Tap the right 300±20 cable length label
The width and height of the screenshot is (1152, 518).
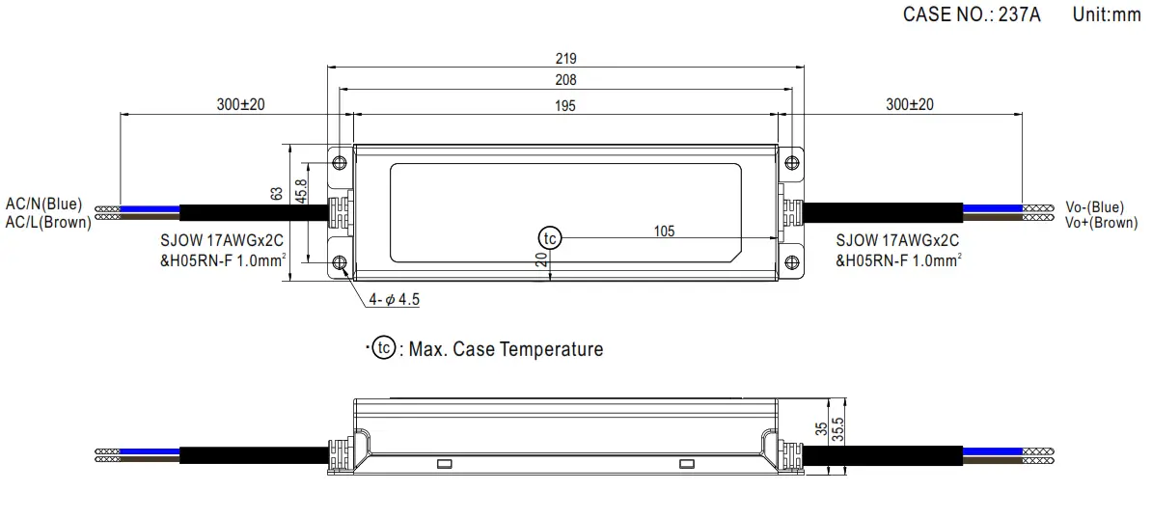click(x=909, y=104)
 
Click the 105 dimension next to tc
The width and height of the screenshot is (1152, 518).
click(x=664, y=231)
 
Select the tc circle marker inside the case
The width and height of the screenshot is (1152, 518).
click(x=549, y=237)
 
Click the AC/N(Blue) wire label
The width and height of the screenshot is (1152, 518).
click(x=44, y=204)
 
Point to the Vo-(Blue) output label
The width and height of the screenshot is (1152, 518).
click(x=1094, y=206)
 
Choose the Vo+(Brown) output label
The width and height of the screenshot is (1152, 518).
click(x=1101, y=222)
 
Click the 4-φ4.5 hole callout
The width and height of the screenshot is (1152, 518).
click(x=394, y=299)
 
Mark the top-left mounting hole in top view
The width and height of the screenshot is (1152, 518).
click(x=339, y=162)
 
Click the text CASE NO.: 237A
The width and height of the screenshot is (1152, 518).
click(x=972, y=14)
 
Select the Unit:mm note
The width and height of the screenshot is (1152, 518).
click(x=1107, y=14)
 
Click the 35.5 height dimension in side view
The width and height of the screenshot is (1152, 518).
click(x=837, y=429)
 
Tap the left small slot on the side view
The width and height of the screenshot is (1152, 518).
click(x=445, y=464)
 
